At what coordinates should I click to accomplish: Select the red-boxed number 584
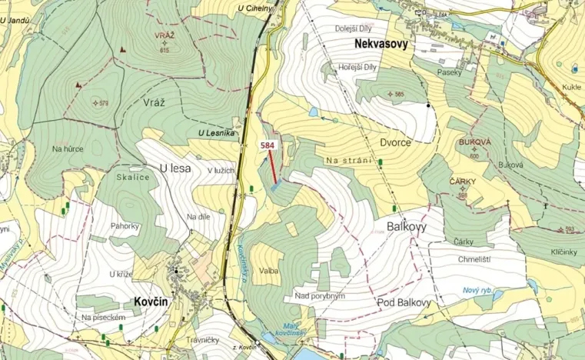pyautogui.click(x=268, y=145)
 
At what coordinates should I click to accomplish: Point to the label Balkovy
pyautogui.click(x=402, y=228)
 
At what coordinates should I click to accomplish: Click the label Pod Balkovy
pyautogui.click(x=404, y=302)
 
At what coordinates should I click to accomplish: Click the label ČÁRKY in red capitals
pyautogui.click(x=463, y=182)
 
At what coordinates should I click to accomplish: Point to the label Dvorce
pyautogui.click(x=395, y=142)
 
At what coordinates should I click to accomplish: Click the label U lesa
pyautogui.click(x=174, y=168)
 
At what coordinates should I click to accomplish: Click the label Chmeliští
pyautogui.click(x=474, y=259)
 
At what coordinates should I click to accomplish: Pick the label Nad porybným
pyautogui.click(x=320, y=295)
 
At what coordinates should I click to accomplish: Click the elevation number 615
pyautogui.click(x=165, y=50)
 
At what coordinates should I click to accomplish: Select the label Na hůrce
pyautogui.click(x=68, y=148)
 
